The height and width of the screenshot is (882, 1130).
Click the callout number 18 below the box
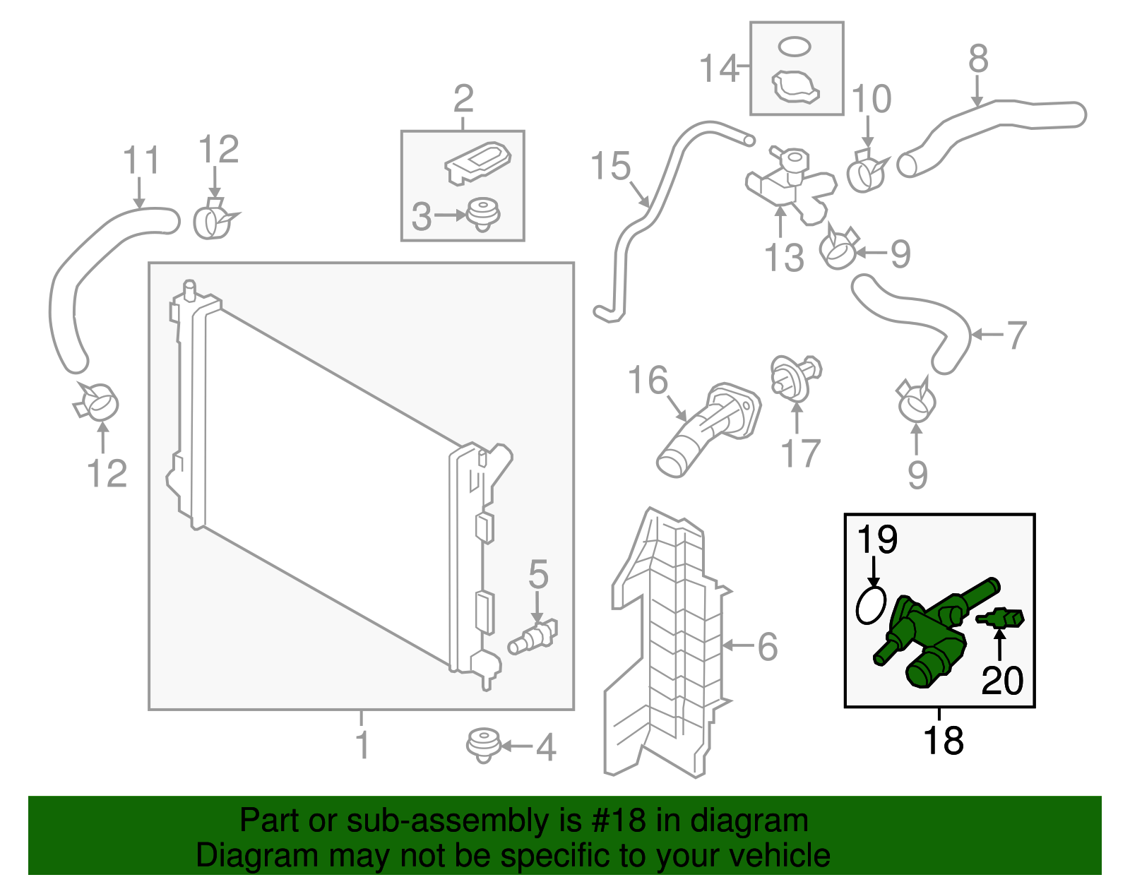(943, 741)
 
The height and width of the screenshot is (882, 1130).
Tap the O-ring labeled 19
(871, 605)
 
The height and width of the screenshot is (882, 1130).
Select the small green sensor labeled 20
(1001, 619)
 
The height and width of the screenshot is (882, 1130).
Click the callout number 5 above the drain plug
(538, 575)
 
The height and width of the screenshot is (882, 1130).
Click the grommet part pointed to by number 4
(483, 745)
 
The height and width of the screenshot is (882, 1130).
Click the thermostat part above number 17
(795, 375)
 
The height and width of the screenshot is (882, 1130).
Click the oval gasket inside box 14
(795, 47)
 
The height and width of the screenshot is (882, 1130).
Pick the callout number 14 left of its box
(718, 69)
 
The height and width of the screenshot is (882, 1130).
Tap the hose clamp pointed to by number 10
(866, 172)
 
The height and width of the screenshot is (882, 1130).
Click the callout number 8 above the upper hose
(977, 59)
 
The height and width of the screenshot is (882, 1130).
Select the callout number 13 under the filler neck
(784, 258)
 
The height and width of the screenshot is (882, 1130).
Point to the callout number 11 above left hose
(141, 161)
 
